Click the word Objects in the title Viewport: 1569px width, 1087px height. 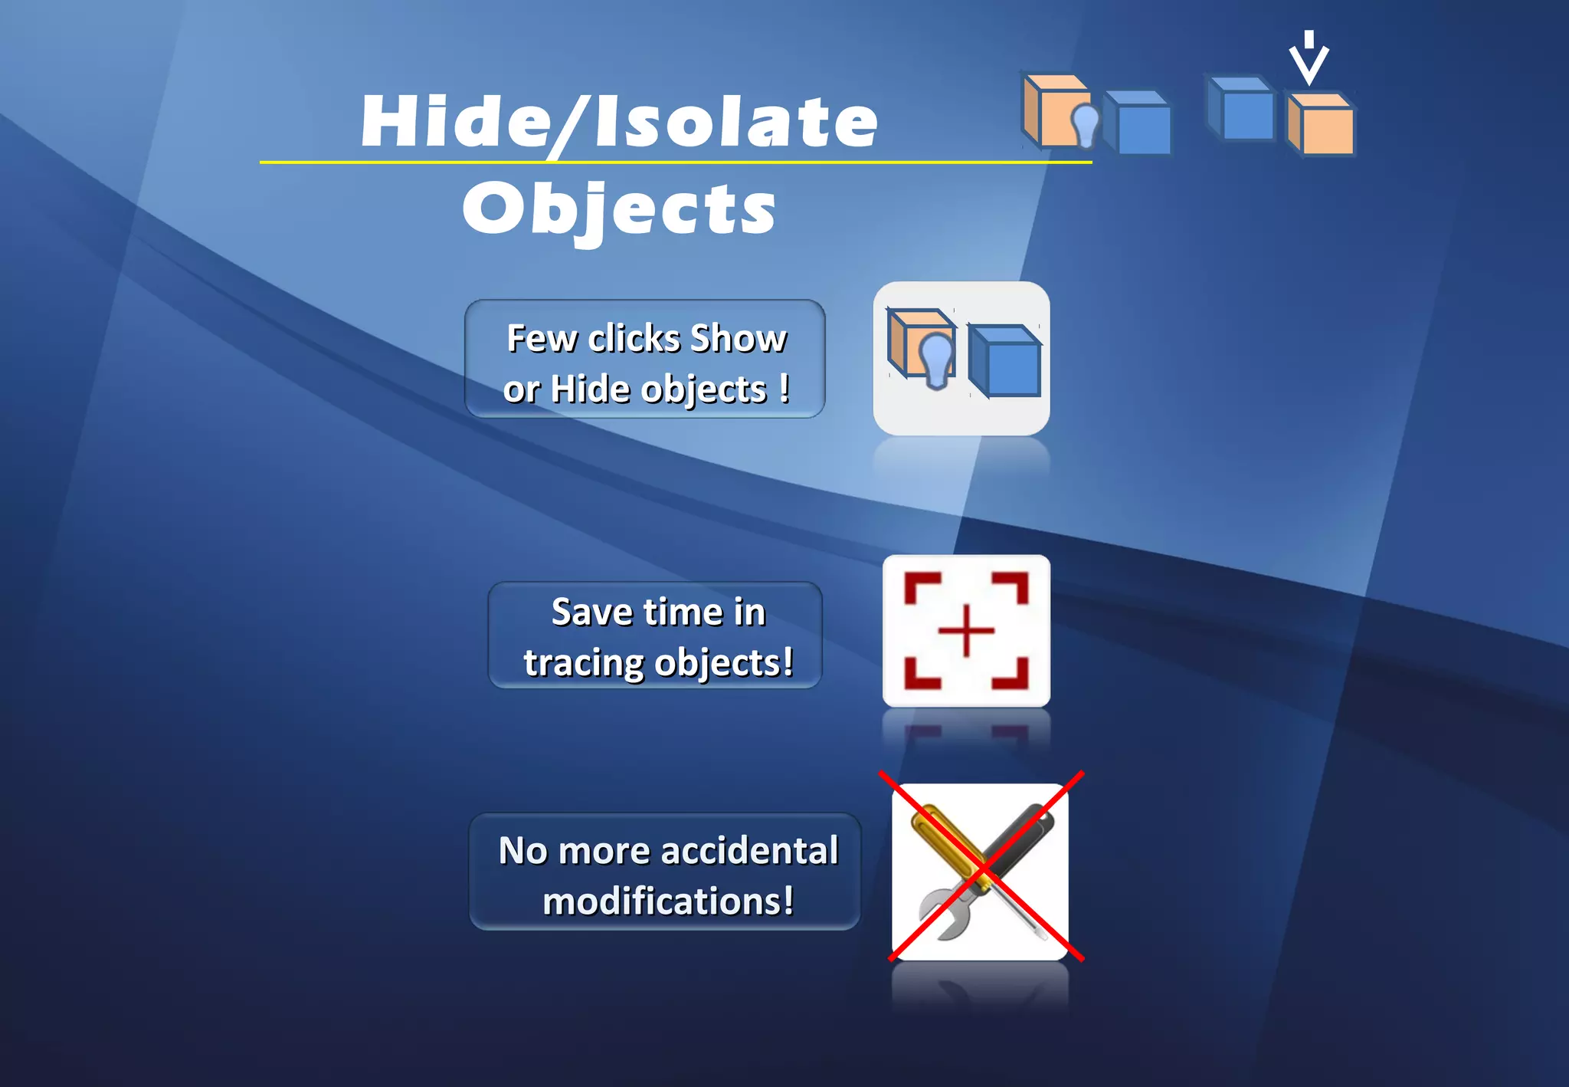click(619, 209)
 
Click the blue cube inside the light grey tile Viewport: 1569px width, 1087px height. click(1005, 362)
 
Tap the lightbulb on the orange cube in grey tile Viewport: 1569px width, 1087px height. click(936, 360)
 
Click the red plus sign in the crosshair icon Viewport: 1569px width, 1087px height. click(966, 631)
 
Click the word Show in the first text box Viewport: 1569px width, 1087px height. click(739, 338)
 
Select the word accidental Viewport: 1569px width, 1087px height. click(749, 850)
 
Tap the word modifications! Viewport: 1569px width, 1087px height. click(668, 901)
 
